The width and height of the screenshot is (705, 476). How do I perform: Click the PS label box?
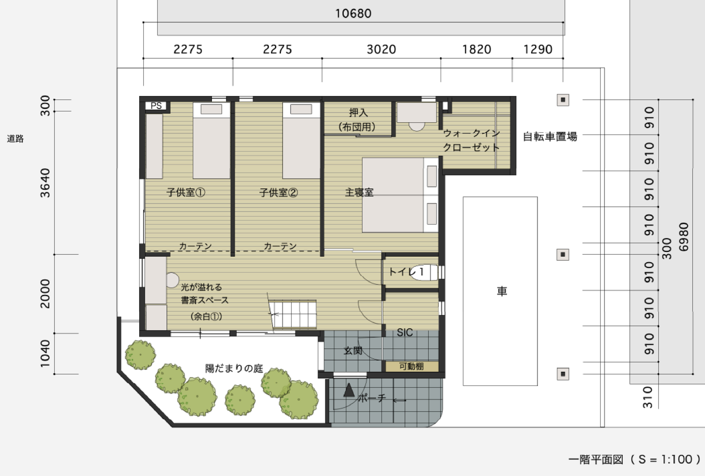156,106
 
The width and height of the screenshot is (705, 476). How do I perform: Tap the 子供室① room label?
186,192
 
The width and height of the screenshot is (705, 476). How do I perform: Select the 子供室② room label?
278,192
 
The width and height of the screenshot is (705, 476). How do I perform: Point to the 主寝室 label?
359,192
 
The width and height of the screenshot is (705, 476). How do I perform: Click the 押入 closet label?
358,112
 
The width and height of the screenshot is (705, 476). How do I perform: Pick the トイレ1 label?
406,271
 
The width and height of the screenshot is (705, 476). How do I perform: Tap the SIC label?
405,332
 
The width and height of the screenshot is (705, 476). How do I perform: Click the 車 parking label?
502,291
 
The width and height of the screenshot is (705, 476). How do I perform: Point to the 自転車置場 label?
550,136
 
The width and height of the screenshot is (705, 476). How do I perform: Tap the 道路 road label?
15,139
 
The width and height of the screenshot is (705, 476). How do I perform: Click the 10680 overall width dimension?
353,14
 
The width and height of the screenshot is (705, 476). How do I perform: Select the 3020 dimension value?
381,49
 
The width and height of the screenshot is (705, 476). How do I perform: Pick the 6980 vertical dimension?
684,237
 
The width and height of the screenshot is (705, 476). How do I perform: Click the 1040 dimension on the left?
45,354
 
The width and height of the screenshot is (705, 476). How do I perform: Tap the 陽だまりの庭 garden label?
234,369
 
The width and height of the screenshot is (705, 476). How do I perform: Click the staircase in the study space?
293,314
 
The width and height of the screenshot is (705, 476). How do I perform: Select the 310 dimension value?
648,397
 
